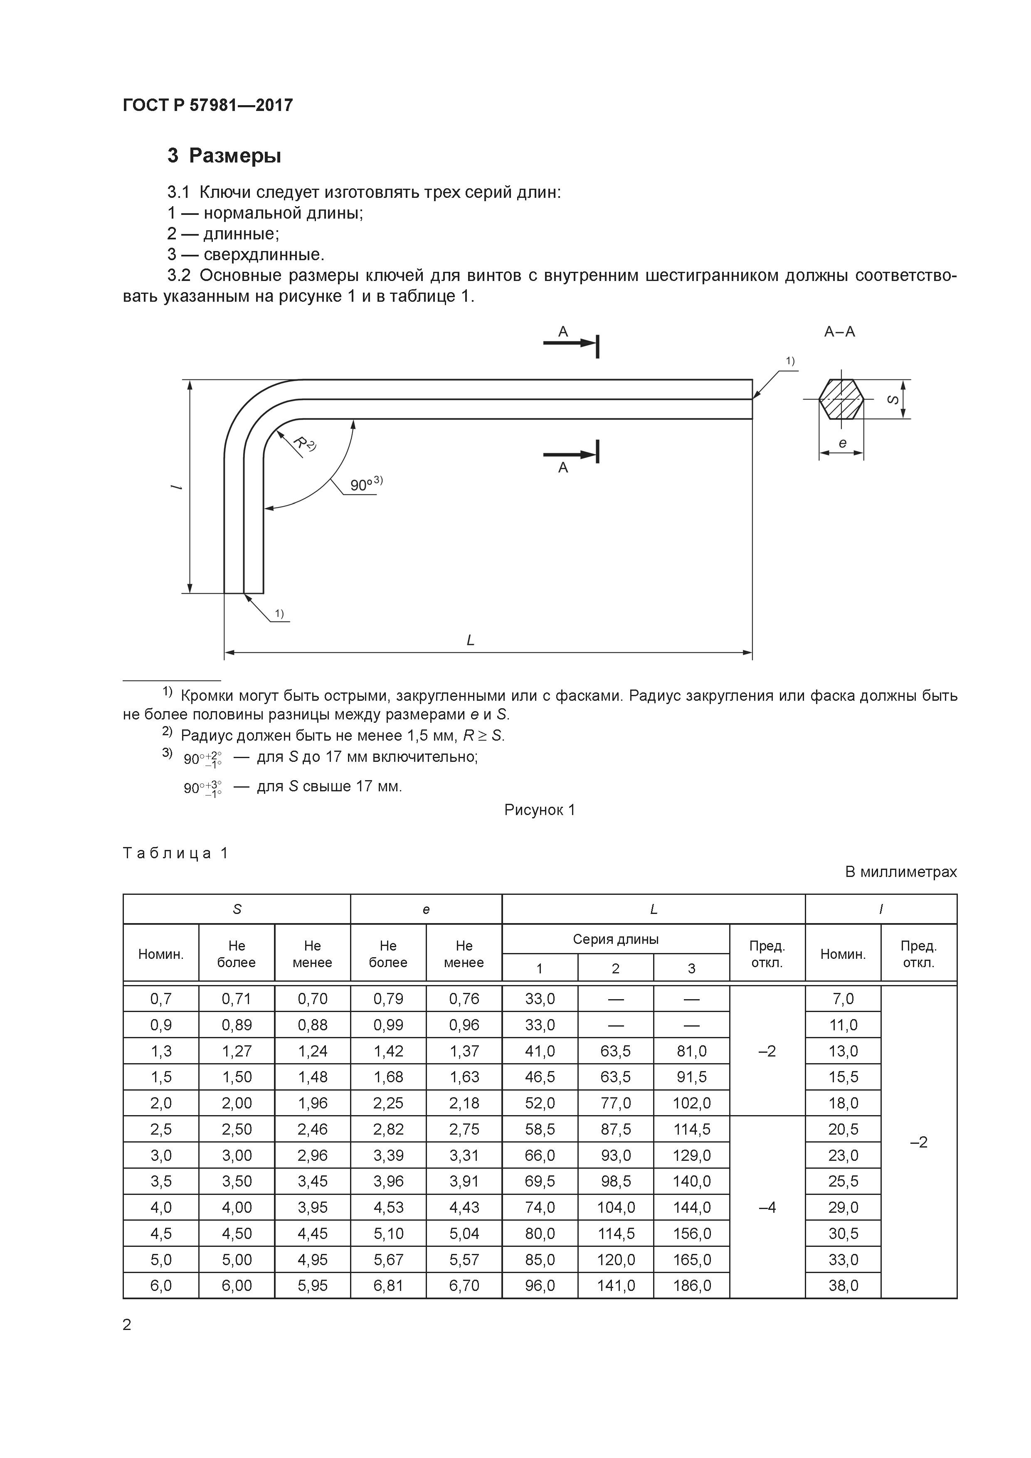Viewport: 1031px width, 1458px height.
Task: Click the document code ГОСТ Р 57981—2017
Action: pyautogui.click(x=208, y=106)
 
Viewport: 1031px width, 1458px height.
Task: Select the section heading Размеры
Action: pyautogui.click(x=235, y=155)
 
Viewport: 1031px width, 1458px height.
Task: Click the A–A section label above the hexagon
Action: pyautogui.click(x=839, y=332)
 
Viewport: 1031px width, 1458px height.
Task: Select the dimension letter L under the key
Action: pyautogui.click(x=471, y=640)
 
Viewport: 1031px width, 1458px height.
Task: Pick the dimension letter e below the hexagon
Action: pyautogui.click(x=842, y=443)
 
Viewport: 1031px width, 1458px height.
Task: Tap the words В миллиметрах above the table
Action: pyautogui.click(x=900, y=872)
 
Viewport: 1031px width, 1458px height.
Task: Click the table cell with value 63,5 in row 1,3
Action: pyautogui.click(x=615, y=1051)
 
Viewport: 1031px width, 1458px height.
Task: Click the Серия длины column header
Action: pyautogui.click(x=615, y=939)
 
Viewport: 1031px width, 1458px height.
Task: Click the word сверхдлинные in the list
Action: pyautogui.click(x=264, y=255)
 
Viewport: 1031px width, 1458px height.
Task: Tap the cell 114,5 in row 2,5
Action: pyautogui.click(x=691, y=1129)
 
